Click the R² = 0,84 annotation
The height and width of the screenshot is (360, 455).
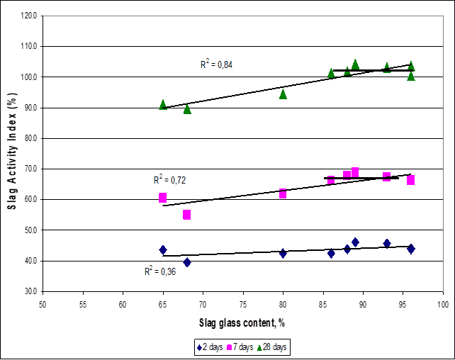coord(216,64)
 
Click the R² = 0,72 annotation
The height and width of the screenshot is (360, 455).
coord(170,180)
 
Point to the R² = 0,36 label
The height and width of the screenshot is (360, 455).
coord(161,270)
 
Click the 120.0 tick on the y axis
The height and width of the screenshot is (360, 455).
coord(29,16)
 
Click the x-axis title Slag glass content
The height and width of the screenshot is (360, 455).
coord(241,322)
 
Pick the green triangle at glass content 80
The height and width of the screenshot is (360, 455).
coord(283,94)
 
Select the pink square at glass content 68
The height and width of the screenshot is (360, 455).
coord(187,214)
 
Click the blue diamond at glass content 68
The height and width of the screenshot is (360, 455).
coord(187,262)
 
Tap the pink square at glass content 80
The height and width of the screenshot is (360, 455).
coord(283,193)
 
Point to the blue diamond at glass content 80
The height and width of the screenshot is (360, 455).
coord(283,253)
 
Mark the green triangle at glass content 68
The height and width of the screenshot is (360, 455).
coord(187,109)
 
